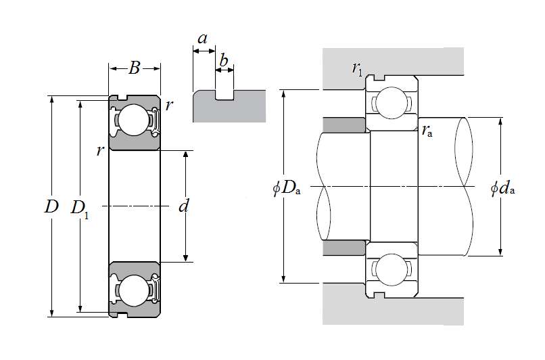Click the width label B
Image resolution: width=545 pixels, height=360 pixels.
pyautogui.click(x=135, y=68)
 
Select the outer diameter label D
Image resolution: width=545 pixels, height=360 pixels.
pyautogui.click(x=51, y=206)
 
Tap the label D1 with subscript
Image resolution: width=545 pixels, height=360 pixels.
pyautogui.click(x=81, y=208)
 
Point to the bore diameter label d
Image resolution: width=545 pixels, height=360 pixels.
pyautogui.click(x=183, y=206)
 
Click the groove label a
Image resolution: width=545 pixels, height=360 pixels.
pyautogui.click(x=202, y=39)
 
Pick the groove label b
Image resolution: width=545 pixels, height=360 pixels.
pyautogui.click(x=224, y=61)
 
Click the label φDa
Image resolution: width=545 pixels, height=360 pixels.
pyautogui.click(x=287, y=188)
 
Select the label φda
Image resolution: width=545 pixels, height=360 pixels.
pyautogui.click(x=503, y=188)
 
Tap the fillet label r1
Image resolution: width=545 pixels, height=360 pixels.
pyautogui.click(x=357, y=67)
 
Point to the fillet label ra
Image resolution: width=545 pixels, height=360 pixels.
pyautogui.click(x=427, y=131)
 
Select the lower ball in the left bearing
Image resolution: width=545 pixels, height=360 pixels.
pyautogui.click(x=134, y=290)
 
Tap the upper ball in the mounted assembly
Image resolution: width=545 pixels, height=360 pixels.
pyautogui.click(x=391, y=103)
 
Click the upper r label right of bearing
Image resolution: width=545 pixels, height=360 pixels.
pyautogui.click(x=168, y=105)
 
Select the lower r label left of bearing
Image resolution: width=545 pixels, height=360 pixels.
pyautogui.click(x=100, y=150)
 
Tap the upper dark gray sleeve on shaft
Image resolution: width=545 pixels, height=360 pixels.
pyautogui.click(x=345, y=125)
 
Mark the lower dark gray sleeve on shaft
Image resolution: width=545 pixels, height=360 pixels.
pyautogui.click(x=345, y=248)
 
